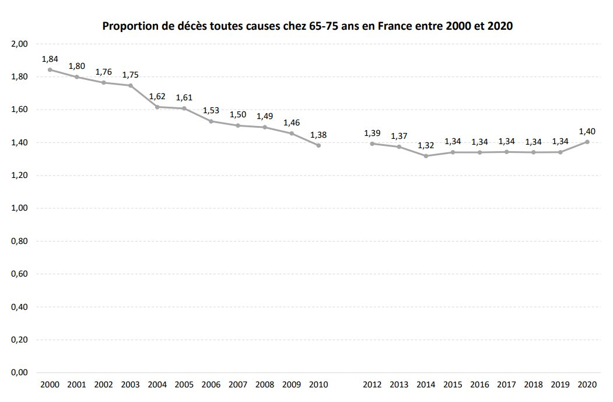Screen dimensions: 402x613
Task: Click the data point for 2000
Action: pos(50,69)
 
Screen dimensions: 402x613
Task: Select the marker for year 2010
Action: pos(318,145)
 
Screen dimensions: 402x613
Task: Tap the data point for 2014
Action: pos(426,156)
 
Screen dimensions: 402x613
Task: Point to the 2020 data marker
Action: pos(587,142)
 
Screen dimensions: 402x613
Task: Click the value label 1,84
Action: pos(50,59)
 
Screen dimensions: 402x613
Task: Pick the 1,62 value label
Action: pos(157,96)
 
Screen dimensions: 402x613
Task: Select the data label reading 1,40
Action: pos(587,131)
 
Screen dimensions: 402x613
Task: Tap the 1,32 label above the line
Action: pos(426,145)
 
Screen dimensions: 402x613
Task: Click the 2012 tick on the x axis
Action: pos(372,384)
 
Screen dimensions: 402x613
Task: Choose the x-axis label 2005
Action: pos(184,384)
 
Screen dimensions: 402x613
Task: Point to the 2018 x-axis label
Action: pos(533,384)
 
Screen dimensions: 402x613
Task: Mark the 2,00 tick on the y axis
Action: pos(19,44)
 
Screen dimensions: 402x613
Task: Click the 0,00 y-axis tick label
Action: pos(19,373)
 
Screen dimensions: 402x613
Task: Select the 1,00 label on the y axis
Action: pos(19,208)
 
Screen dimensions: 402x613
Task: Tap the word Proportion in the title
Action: pos(131,26)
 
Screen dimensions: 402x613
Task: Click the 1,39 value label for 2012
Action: pos(372,133)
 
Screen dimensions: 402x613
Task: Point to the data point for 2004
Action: pos(157,107)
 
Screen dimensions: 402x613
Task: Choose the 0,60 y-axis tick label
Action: pos(19,274)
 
